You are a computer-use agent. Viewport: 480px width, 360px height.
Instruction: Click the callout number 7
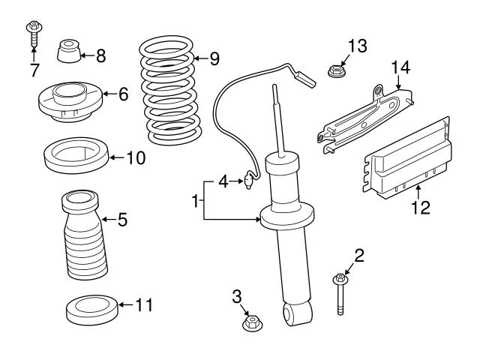33,70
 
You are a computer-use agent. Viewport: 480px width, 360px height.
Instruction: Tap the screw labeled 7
34,33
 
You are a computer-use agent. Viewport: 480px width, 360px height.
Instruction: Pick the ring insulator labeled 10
75,156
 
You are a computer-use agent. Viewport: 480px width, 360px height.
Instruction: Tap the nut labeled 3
253,324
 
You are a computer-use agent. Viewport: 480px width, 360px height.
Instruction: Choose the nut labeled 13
335,72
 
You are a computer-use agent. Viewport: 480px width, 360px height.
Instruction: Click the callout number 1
196,200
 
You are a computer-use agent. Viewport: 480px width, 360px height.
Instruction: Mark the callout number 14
401,69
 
